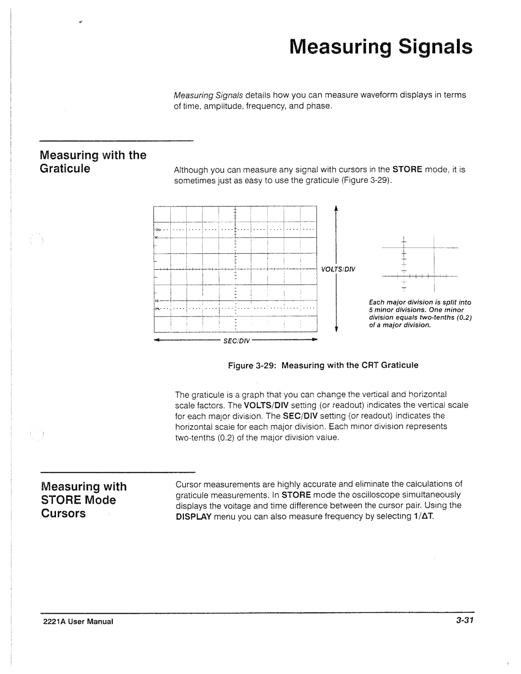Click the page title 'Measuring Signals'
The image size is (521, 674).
381,48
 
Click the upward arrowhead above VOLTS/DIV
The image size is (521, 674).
336,208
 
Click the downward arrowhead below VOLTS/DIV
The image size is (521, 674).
336,330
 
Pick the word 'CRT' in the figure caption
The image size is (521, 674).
370,365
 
